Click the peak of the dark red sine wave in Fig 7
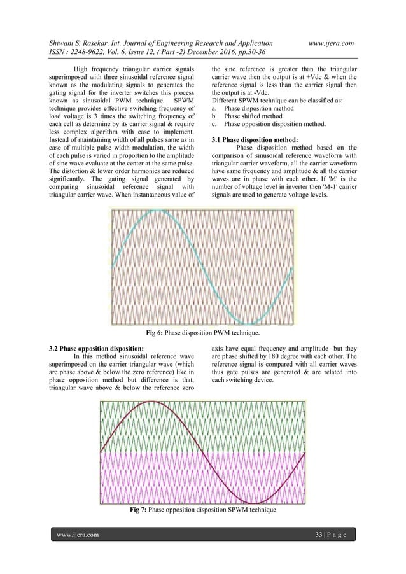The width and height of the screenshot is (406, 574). pos(151,402)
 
